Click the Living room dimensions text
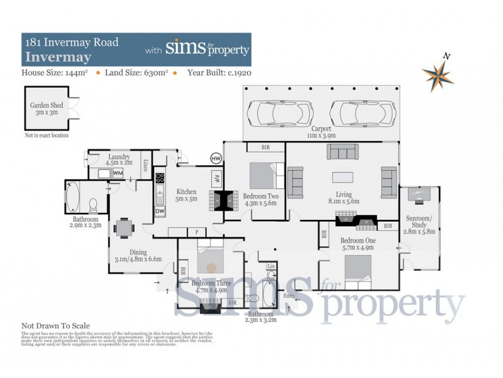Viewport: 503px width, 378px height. [343, 202]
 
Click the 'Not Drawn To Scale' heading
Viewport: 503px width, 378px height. [56, 326]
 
